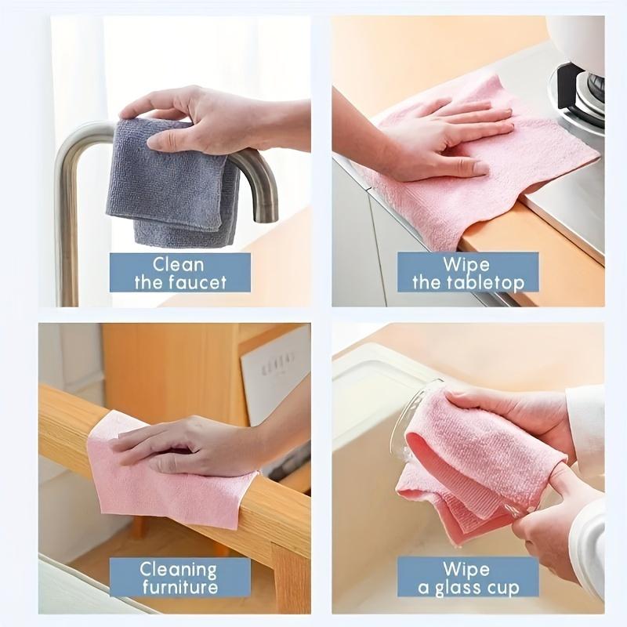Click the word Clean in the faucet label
click(179, 263)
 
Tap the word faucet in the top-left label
click(205, 282)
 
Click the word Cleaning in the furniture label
click(179, 569)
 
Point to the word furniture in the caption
click(179, 588)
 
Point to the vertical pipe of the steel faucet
click(69, 227)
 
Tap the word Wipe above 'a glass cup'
click(467, 569)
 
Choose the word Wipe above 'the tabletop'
click(467, 263)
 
